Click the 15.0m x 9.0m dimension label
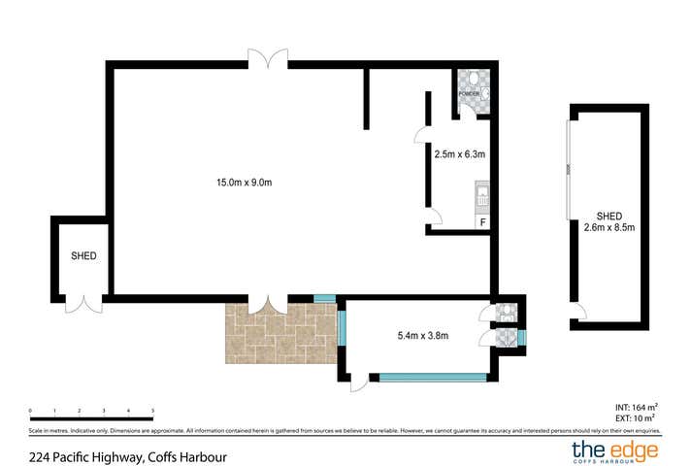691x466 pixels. point(244,181)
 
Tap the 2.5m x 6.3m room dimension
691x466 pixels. point(458,153)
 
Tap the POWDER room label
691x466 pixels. point(470,93)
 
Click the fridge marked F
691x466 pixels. point(480,223)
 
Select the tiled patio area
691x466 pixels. point(281,333)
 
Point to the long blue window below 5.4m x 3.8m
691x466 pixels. point(432,377)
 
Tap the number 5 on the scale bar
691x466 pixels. point(153,412)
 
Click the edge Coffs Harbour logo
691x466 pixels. point(614,450)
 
